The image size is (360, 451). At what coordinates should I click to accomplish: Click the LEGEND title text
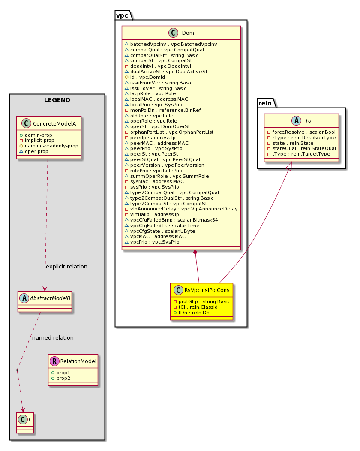pos(57,100)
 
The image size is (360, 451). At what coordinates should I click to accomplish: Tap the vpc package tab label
pos(122,15)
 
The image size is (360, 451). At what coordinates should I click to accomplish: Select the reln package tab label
pos(265,103)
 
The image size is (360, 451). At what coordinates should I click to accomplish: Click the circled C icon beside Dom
pos(174,33)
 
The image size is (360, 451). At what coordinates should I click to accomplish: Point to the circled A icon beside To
pos(296,120)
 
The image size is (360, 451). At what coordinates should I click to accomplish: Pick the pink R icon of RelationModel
pos(54,361)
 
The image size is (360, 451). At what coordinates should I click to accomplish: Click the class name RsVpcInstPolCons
pos(207,290)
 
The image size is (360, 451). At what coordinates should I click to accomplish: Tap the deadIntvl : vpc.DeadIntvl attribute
pos(158,66)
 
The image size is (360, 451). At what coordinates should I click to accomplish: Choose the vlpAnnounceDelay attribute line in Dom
pos(181,209)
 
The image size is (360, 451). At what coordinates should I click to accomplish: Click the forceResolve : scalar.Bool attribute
pos(301,132)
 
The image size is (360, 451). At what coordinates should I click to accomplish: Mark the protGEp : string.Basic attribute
pos(201,301)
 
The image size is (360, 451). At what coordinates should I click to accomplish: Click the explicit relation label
pos(66,267)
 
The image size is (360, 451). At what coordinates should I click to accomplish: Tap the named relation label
pos(53,338)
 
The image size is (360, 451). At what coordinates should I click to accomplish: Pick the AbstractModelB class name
pos(50,298)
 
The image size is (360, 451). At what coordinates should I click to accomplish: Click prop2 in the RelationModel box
pos(61,378)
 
